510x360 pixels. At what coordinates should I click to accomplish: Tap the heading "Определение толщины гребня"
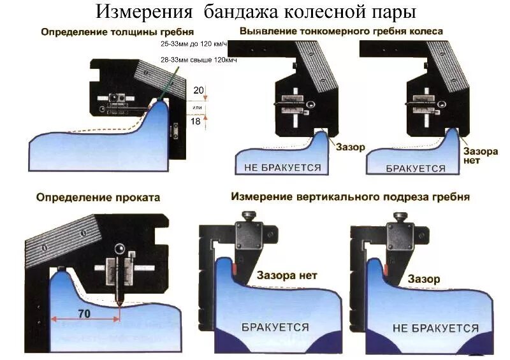coord(108,32)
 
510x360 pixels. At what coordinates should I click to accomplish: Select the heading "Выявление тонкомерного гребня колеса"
coord(341,31)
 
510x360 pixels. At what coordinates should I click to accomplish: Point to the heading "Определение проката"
coord(99,198)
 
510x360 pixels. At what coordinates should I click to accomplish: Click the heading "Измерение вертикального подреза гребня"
coord(350,197)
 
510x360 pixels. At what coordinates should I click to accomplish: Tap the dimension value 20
coord(199,91)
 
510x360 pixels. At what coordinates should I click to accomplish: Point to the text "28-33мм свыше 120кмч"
coord(193,60)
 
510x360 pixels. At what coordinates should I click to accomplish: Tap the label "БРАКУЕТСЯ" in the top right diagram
coord(416,168)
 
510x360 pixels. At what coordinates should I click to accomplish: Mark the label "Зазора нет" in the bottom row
coord(287,276)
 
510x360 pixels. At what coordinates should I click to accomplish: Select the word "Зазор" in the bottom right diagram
coord(424,279)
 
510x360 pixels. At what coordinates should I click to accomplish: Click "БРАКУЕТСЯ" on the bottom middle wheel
coord(275,327)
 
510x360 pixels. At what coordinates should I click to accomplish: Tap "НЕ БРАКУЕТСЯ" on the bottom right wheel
coord(435,328)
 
